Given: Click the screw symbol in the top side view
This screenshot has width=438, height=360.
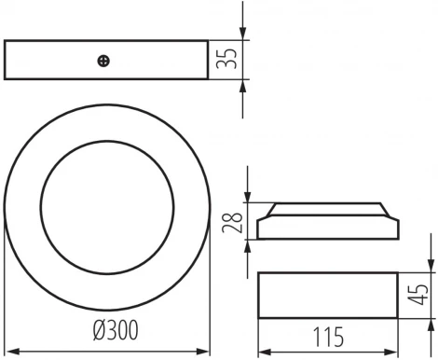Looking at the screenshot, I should point(103,61).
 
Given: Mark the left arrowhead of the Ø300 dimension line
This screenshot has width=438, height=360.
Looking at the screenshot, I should point(9,351).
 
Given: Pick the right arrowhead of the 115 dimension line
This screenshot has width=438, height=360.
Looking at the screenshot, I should point(395,351).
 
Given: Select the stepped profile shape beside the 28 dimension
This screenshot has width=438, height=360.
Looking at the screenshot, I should point(329,220).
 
